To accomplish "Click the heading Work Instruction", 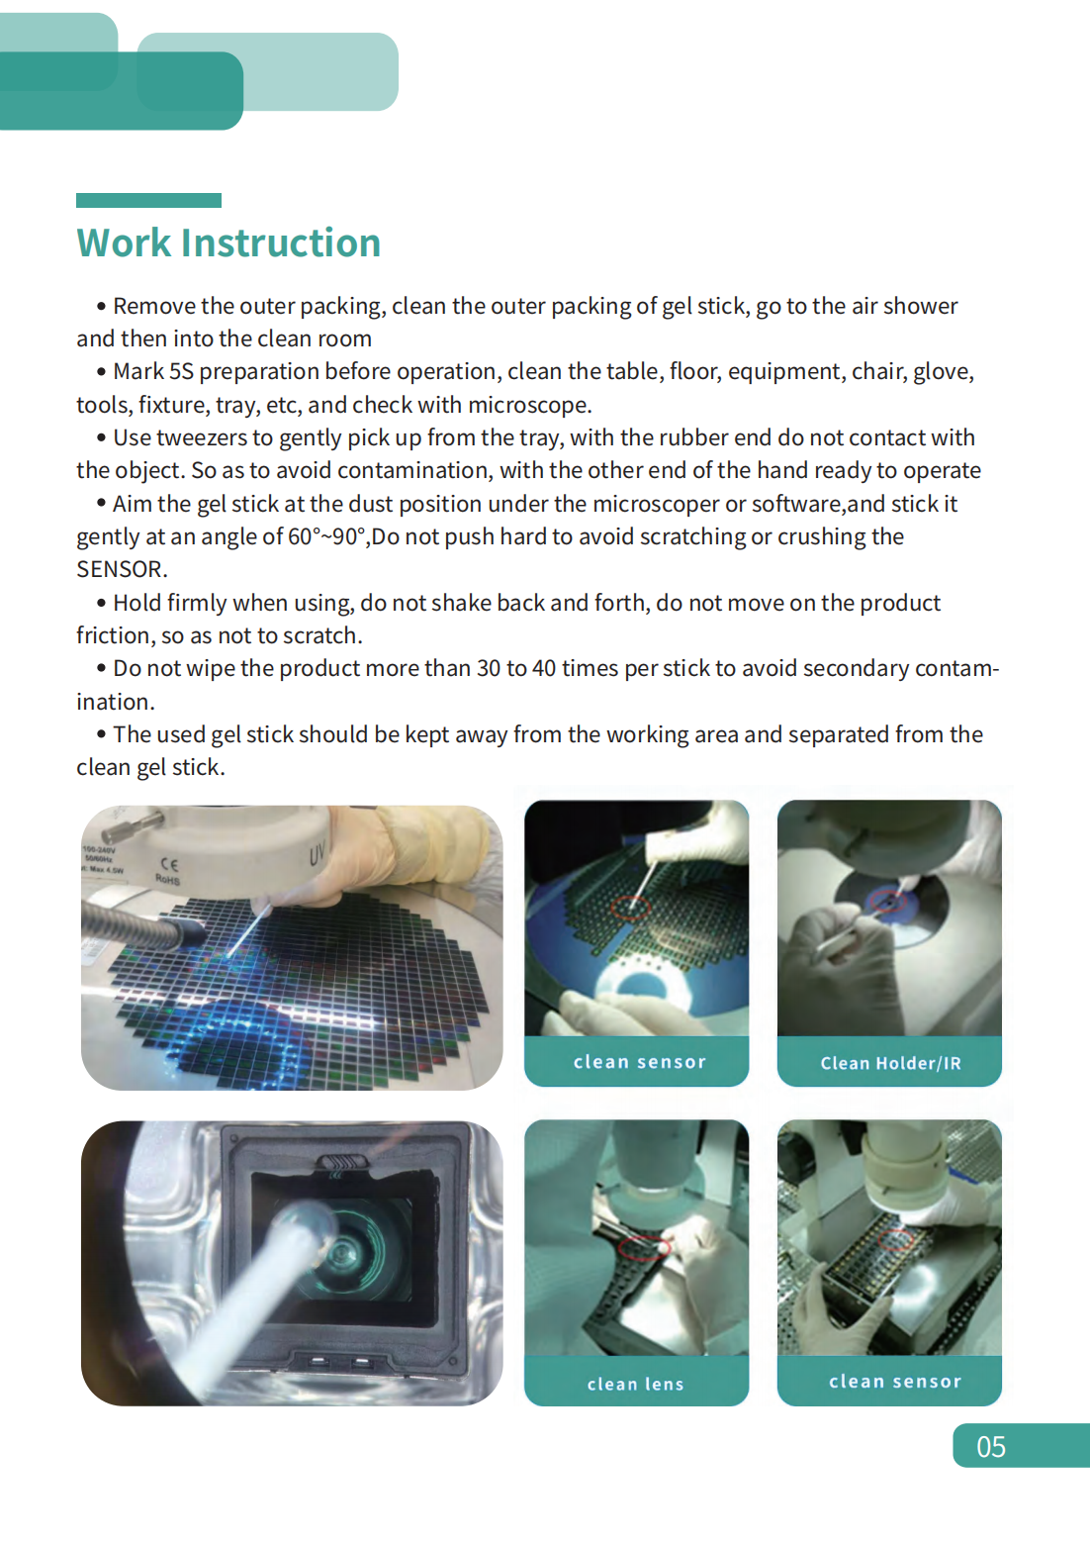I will coord(228,243).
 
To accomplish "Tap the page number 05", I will coord(990,1447).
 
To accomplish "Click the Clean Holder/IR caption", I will coord(889,1063).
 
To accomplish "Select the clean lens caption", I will coord(635,1384).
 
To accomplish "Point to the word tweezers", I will coord(202,437).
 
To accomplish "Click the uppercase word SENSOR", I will coord(120,569).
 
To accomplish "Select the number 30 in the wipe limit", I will coord(489,668).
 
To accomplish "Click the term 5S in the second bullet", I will coord(181,371).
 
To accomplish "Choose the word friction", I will coord(113,635).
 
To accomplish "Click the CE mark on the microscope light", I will coord(169,864).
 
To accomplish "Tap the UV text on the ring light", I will coord(317,853).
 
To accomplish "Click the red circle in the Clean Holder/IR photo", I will coord(886,902).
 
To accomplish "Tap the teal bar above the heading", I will coord(148,200).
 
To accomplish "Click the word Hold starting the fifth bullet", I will coord(136,603).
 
